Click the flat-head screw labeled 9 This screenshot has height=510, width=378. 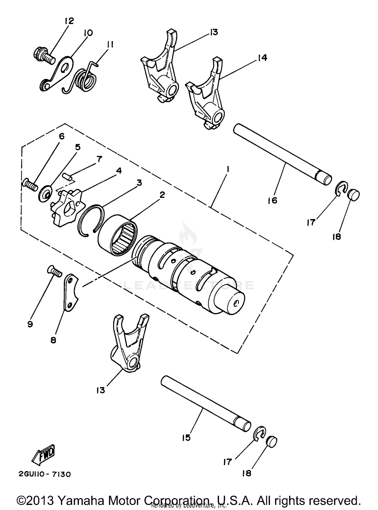(54, 272)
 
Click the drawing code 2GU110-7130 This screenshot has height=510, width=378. (44, 474)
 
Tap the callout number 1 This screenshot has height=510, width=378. (228, 170)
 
